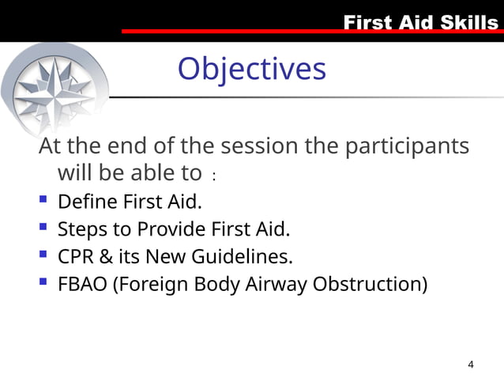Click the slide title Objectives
251,69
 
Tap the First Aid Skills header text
420,22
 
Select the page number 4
471,365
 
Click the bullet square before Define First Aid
43,200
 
